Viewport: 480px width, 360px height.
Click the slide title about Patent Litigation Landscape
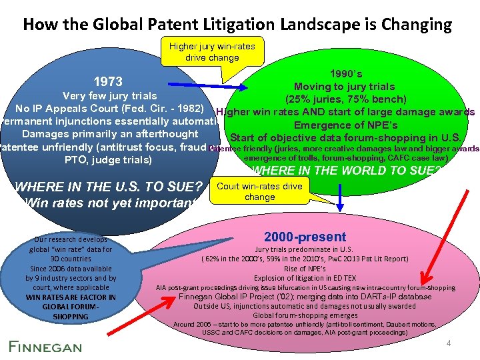237,25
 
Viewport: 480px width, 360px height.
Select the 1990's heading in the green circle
345,74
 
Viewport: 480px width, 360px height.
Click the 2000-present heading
305,237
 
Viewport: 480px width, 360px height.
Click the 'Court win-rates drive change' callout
259,192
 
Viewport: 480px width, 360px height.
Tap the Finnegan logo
45,346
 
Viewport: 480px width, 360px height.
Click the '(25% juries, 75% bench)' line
345,99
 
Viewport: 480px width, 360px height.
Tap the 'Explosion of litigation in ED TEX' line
305,278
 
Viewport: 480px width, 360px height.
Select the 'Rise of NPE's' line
305,269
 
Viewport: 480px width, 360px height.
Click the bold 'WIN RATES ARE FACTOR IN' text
71,297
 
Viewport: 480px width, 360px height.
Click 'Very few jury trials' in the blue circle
109,96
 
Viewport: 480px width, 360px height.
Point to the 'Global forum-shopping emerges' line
305,315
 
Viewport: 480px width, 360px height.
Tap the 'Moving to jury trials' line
345,87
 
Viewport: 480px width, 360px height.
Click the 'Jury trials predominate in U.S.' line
305,249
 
